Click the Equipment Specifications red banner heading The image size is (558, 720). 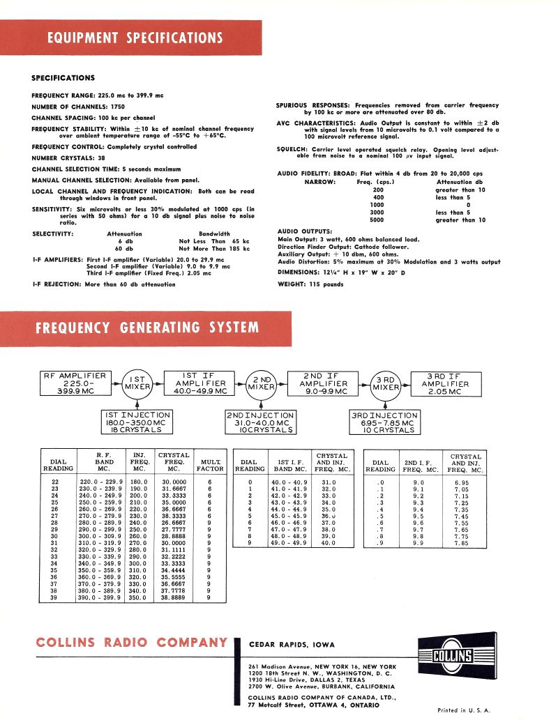[x=135, y=38]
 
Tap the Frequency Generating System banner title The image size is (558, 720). [x=147, y=328]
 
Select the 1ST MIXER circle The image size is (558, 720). [x=137, y=382]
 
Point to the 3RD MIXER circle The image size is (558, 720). [x=385, y=383]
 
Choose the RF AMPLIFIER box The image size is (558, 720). [x=75, y=383]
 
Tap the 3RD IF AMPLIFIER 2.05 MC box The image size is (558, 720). [x=446, y=383]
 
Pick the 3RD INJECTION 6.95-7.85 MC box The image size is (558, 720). [x=384, y=422]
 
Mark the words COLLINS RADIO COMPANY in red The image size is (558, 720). [x=131, y=643]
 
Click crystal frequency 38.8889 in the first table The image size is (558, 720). [x=174, y=598]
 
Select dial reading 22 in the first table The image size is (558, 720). [x=55, y=482]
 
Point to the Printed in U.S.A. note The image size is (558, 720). [x=464, y=710]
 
